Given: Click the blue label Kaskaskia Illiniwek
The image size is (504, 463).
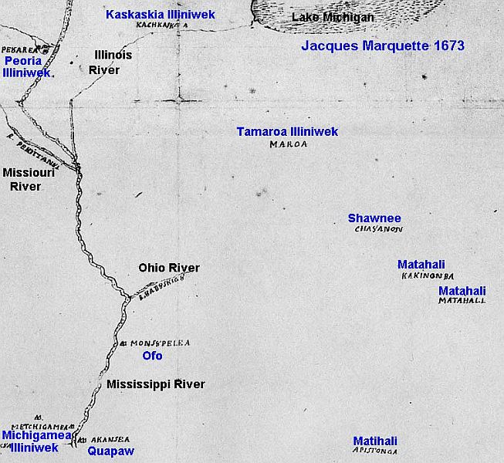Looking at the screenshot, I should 161,15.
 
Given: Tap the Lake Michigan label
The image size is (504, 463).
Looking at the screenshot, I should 333,17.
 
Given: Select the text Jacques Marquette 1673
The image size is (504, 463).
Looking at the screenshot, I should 382,46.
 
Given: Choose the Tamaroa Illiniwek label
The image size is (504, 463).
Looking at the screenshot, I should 287,132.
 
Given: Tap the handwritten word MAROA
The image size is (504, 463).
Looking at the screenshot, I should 289,144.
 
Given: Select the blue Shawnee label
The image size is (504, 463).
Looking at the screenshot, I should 374,218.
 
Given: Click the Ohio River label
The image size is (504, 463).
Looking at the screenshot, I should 169,268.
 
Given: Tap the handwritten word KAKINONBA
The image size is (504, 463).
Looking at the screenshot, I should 427,275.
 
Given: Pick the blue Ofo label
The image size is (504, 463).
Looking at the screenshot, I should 153,357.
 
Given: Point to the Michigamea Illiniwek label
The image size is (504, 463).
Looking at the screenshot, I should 29,441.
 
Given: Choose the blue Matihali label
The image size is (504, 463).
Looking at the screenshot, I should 376,440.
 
